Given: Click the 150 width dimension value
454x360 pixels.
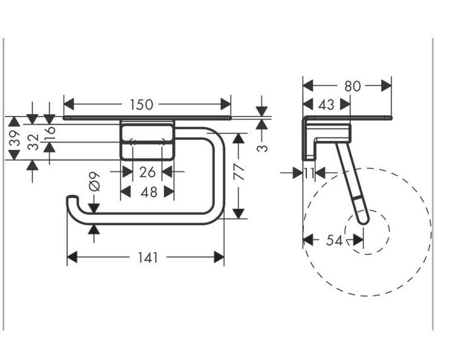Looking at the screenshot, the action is pos(141,105).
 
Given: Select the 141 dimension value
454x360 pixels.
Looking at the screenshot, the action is pos(148,258).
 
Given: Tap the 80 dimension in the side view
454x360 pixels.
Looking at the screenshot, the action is pos(352,86).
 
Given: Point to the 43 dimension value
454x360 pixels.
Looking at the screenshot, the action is pos(327,105).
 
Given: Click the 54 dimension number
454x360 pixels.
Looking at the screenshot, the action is pos(334,240).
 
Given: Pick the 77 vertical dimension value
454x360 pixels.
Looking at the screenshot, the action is pos(239,171).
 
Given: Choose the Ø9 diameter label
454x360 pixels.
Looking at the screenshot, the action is pos(95,182).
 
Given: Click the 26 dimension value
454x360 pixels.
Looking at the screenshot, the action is pos(148,173).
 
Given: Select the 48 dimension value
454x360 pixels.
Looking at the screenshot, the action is pos(149,192).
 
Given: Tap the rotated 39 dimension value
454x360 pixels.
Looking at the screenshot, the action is pos(15,138).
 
